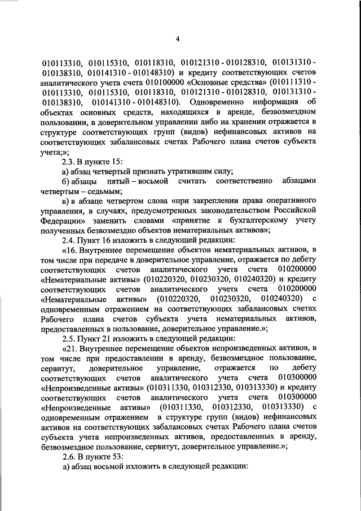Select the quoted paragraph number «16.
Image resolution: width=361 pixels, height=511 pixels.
click(x=69, y=250)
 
